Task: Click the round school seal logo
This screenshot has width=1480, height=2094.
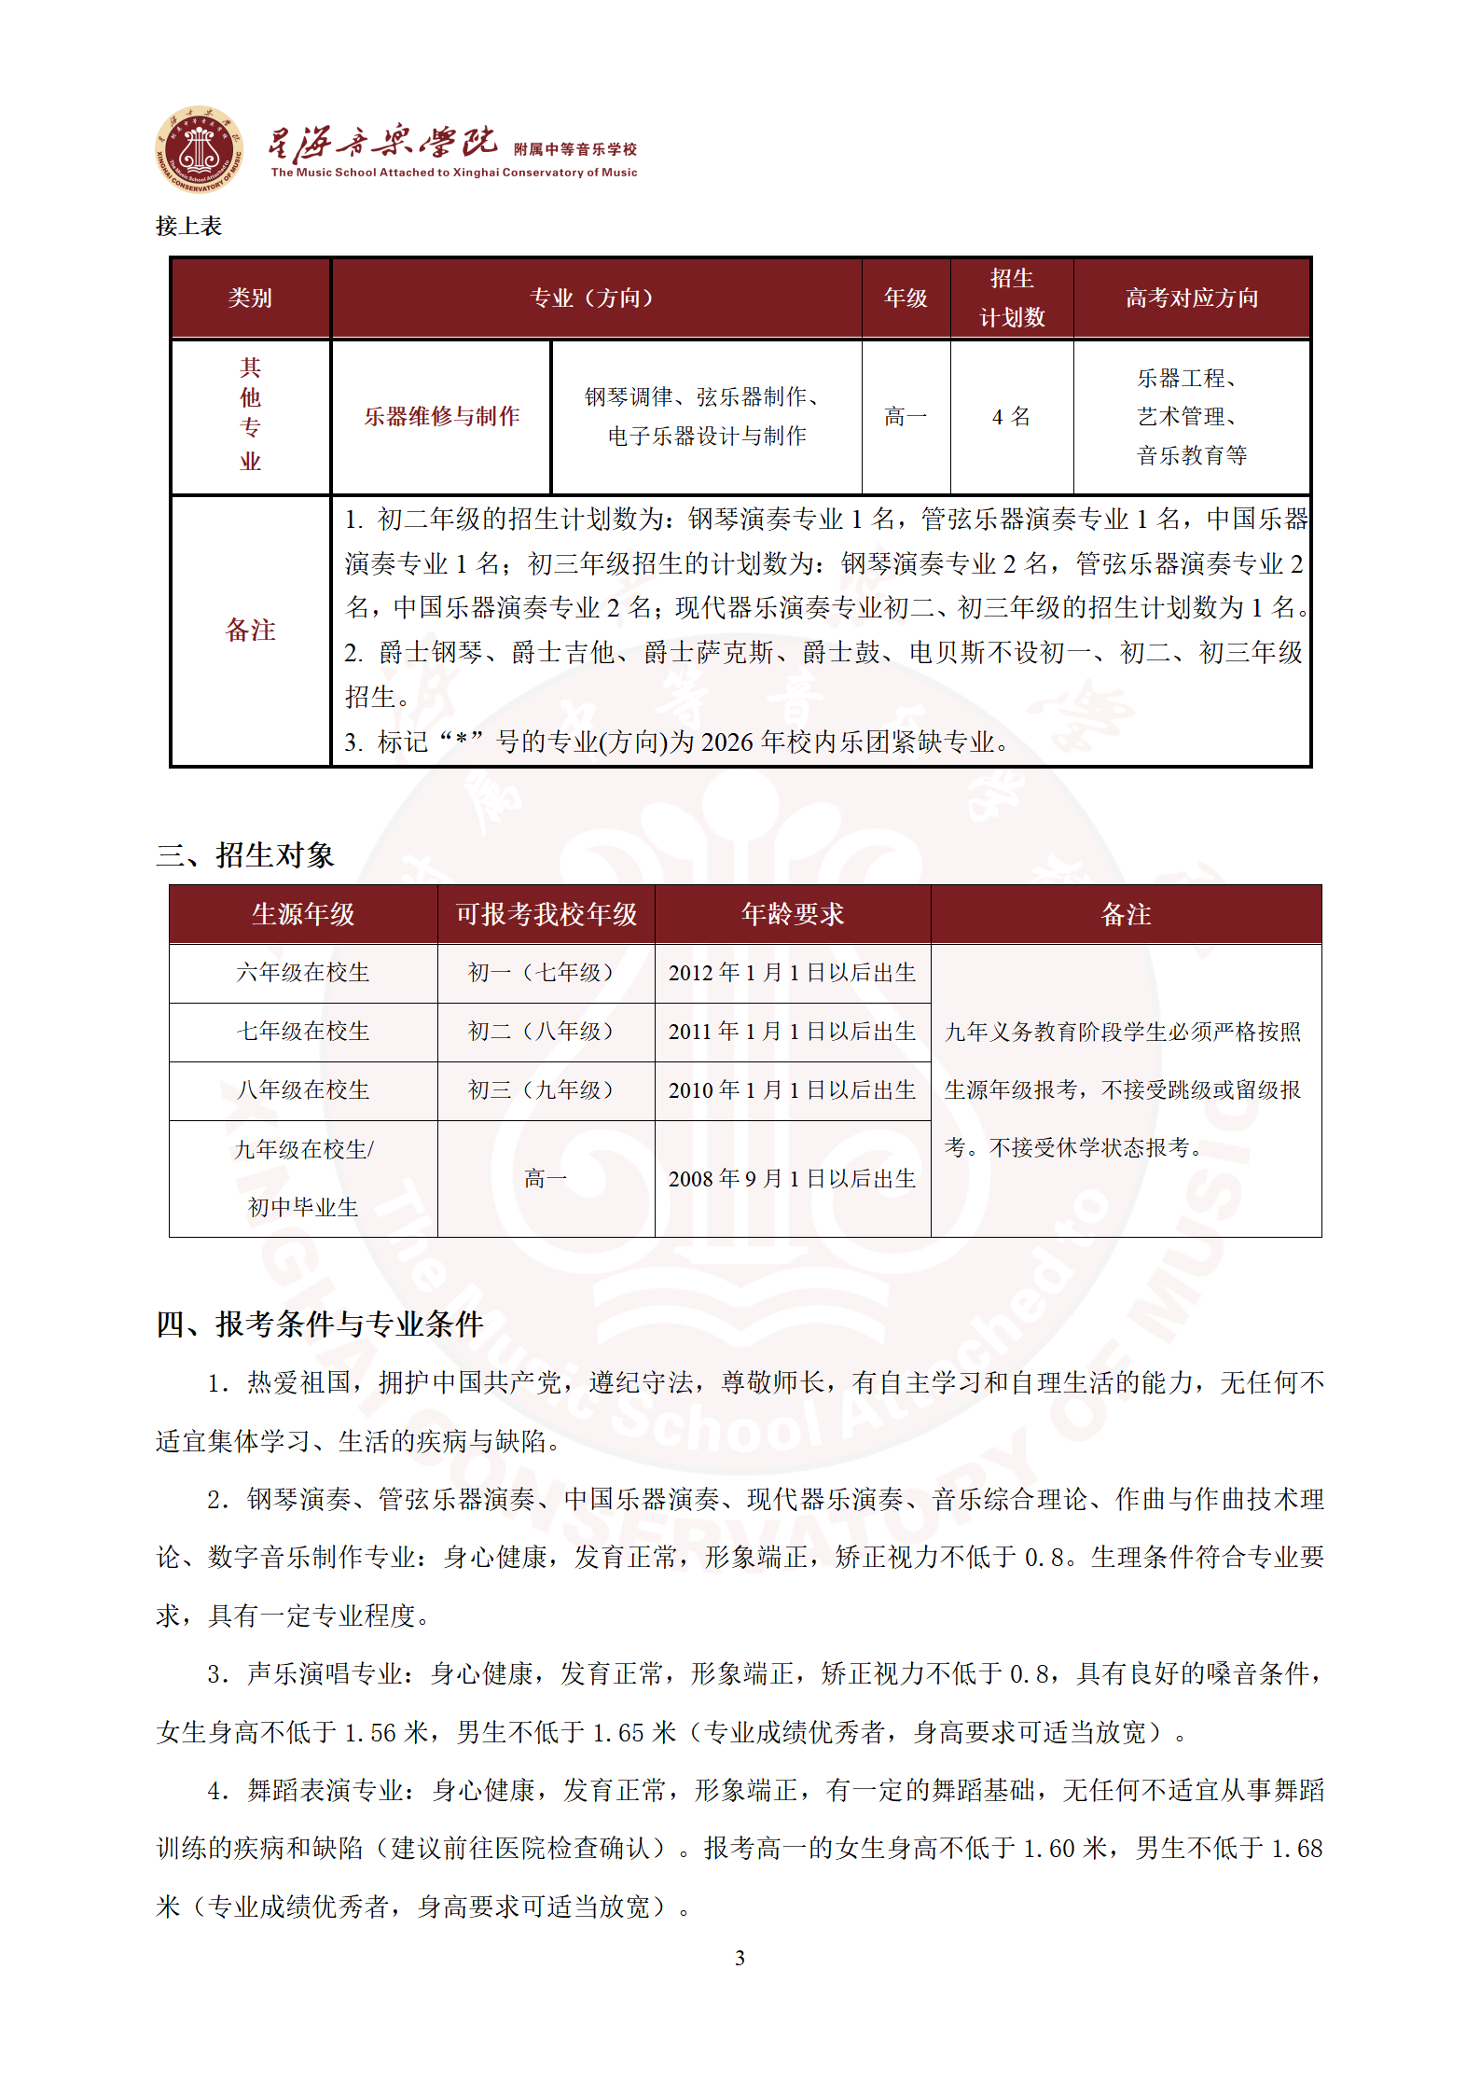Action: (199, 149)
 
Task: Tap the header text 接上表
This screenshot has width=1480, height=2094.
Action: (188, 226)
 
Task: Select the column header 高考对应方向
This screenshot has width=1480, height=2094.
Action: (1191, 298)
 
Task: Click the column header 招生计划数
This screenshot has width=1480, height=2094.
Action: (1011, 298)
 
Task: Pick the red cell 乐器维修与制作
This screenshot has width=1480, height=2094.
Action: (441, 416)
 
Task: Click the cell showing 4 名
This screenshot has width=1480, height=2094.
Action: (1011, 416)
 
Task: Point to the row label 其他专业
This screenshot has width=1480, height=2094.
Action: (250, 414)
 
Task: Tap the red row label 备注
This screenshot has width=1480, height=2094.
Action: (250, 630)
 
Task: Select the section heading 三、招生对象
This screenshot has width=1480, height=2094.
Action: (245, 854)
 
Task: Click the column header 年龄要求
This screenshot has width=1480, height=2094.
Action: (792, 914)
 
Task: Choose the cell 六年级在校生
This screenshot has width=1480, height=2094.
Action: (303, 973)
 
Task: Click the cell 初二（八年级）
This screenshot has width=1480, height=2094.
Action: (545, 1032)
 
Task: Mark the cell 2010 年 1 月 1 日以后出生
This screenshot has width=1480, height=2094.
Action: (792, 1090)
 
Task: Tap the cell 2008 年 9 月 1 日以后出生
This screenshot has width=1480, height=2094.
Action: (792, 1179)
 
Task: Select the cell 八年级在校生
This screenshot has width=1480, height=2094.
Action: (303, 1090)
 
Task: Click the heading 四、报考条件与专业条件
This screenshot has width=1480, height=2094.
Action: (320, 1324)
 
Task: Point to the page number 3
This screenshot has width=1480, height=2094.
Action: (740, 1958)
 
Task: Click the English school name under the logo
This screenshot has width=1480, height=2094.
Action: (454, 173)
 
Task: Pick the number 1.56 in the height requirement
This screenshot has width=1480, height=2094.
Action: (370, 1732)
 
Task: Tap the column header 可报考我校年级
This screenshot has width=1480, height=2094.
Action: (546, 914)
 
